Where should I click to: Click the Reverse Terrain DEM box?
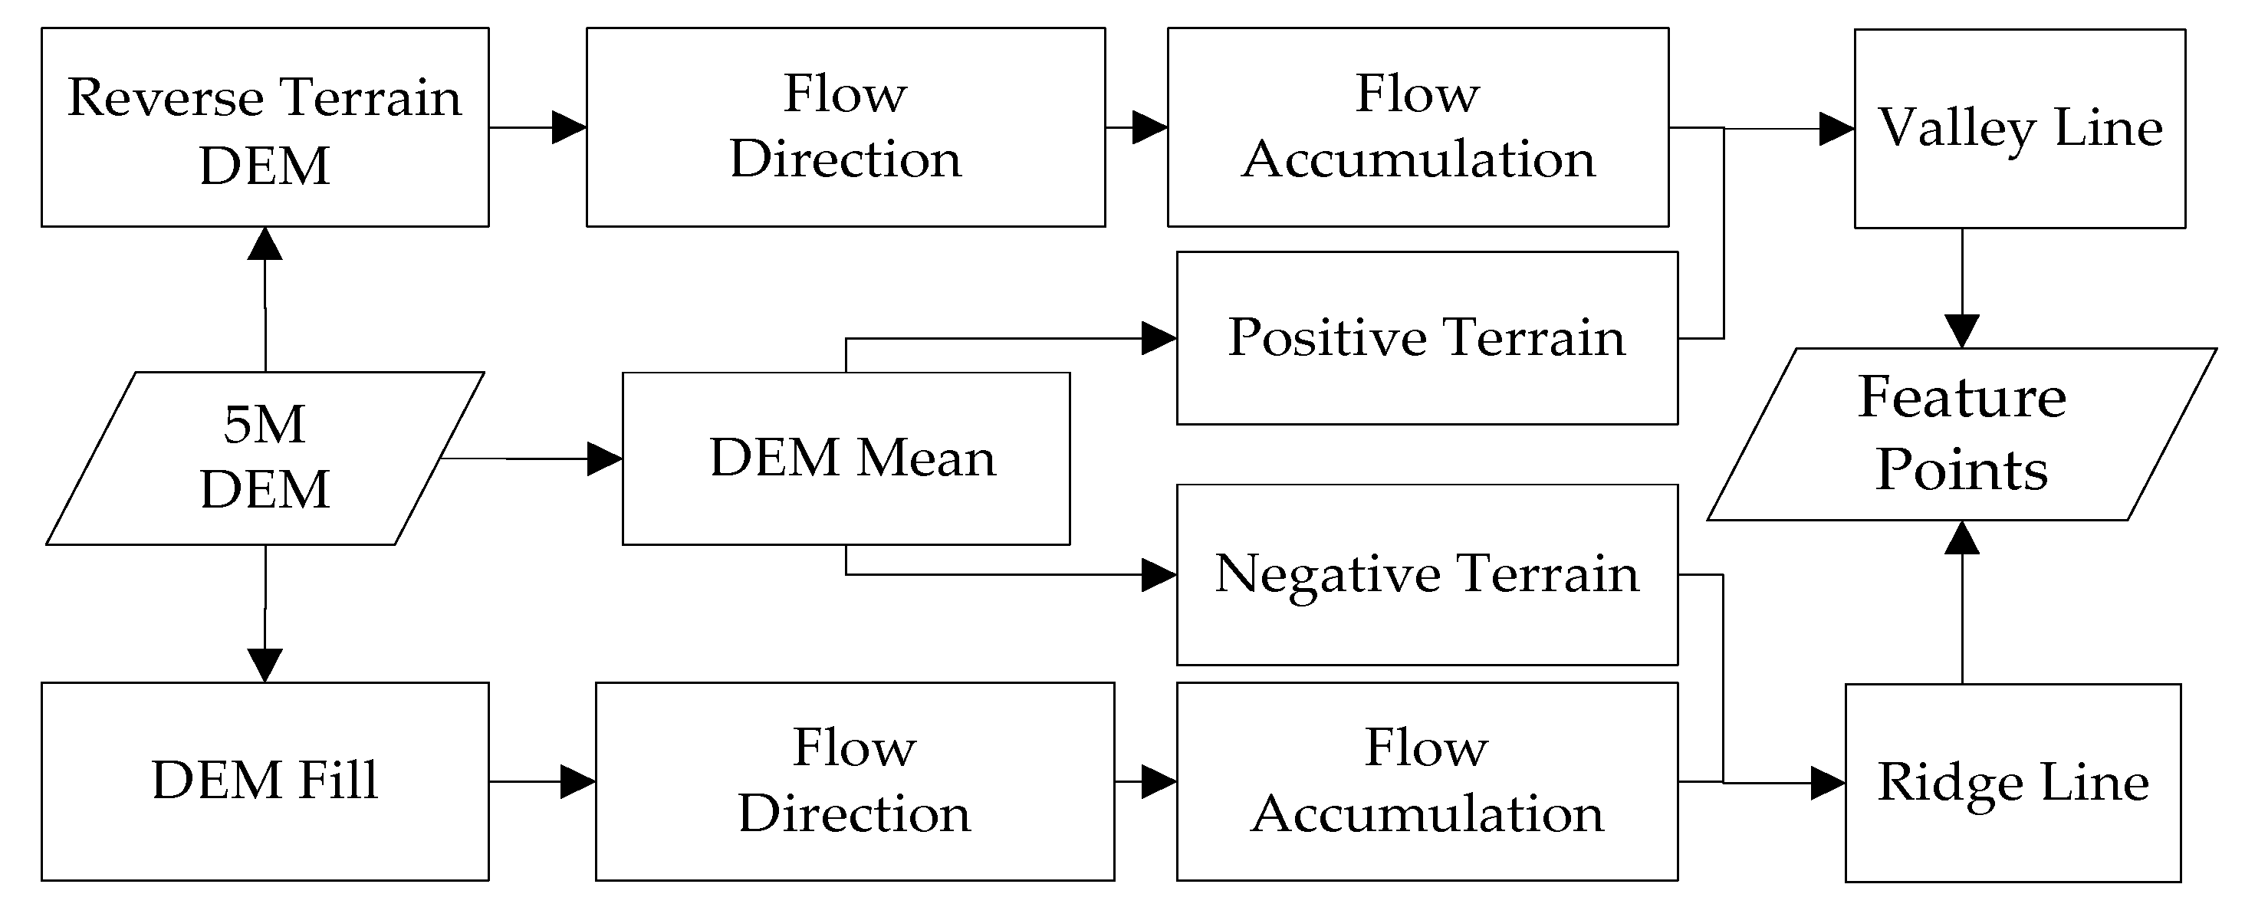tap(265, 127)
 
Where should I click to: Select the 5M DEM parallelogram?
tap(265, 458)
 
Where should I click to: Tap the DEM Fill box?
tap(265, 781)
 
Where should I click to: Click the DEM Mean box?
tap(846, 458)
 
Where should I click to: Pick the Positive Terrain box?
tap(1427, 338)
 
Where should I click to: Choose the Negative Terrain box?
tap(1427, 574)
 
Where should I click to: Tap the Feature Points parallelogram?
tap(1961, 434)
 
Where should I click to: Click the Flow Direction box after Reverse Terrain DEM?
tap(846, 127)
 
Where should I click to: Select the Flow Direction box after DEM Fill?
tap(854, 781)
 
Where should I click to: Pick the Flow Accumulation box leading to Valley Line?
tap(1417, 127)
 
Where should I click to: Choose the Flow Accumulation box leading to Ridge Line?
tap(1427, 781)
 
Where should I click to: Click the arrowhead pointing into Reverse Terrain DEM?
tap(265, 244)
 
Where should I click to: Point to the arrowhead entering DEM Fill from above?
tap(265, 664)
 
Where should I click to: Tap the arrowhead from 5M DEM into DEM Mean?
tap(604, 458)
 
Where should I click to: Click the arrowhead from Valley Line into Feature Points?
tap(1962, 330)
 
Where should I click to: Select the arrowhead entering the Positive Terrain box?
tap(1159, 338)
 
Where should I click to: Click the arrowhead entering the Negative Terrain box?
tap(1159, 574)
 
